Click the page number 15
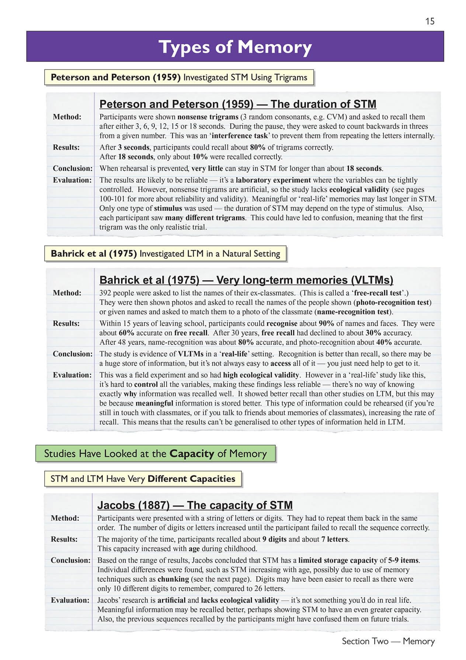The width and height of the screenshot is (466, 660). [x=430, y=21]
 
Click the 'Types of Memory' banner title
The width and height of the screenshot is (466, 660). [x=235, y=47]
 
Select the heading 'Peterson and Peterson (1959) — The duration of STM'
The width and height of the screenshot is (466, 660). [x=238, y=104]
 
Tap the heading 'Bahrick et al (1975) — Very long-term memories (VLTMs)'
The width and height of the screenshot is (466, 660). [x=246, y=280]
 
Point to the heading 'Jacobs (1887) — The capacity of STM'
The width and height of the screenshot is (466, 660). [x=195, y=505]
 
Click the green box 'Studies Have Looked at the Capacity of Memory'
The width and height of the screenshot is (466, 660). [x=155, y=454]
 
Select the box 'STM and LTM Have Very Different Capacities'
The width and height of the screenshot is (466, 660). [x=143, y=479]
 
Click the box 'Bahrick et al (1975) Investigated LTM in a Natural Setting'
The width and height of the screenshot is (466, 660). [x=165, y=254]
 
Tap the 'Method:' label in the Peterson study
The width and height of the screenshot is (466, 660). [x=67, y=117]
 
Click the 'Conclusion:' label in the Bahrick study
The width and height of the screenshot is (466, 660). [x=73, y=354]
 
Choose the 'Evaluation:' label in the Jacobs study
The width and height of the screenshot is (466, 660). [x=70, y=600]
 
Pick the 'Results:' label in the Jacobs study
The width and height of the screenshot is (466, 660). [x=64, y=539]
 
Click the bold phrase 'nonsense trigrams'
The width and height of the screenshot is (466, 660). [x=208, y=117]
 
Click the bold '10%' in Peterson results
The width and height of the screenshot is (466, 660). [x=200, y=157]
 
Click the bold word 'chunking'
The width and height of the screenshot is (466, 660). [x=173, y=579]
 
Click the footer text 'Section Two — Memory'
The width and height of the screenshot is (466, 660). [x=388, y=641]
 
